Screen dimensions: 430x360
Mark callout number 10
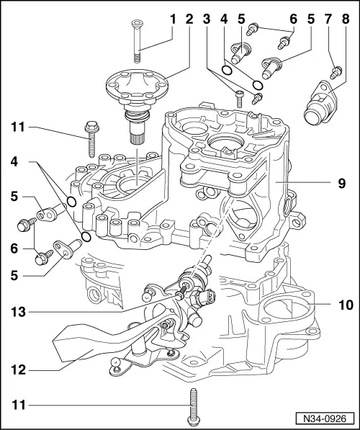(346, 305)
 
